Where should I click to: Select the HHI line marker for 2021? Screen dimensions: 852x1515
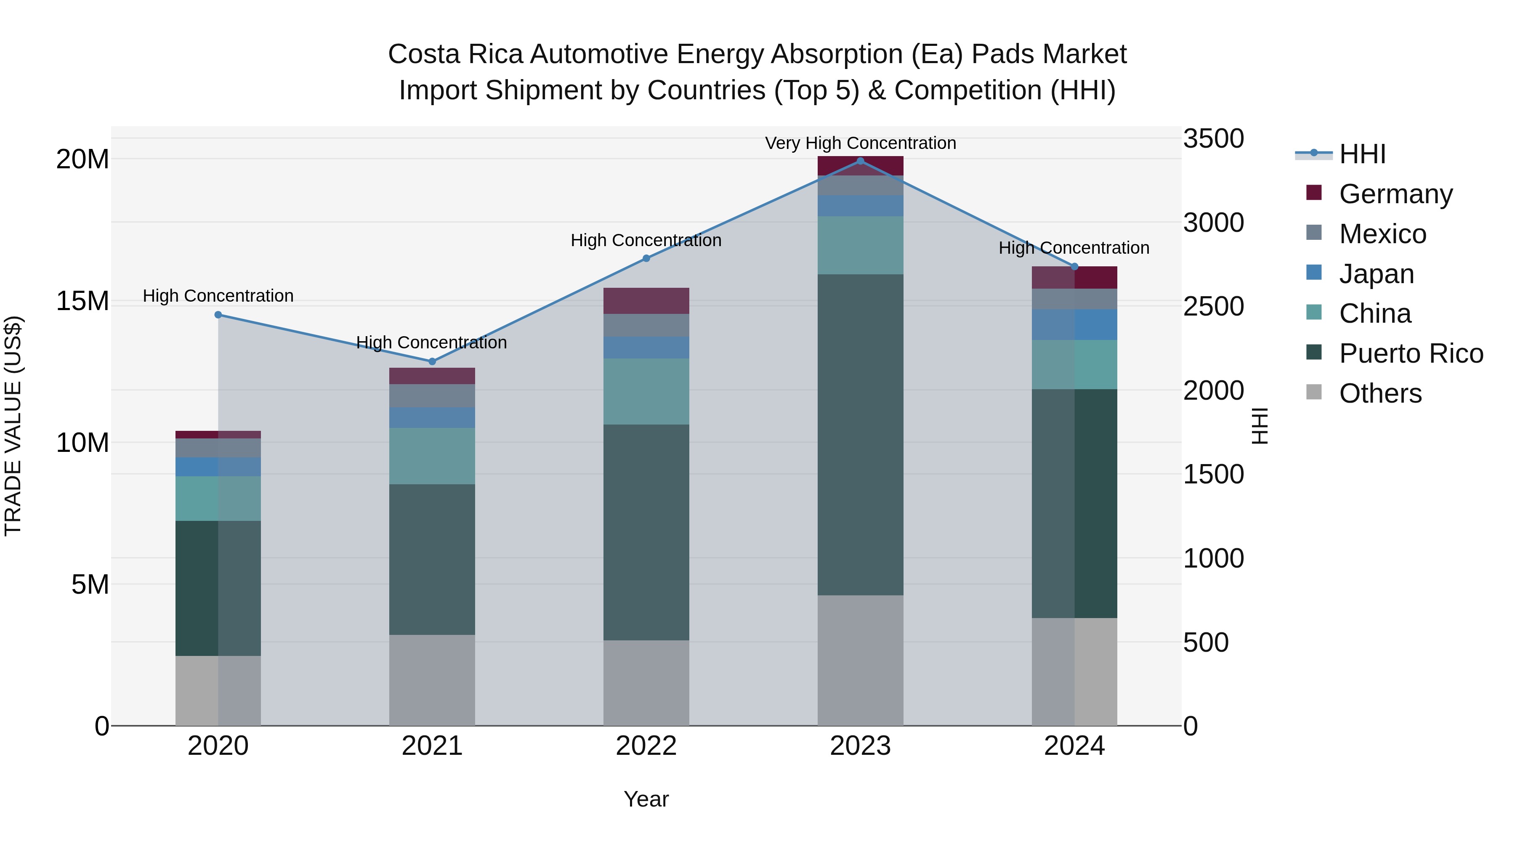(x=432, y=361)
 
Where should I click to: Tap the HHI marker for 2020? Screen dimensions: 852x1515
(x=218, y=315)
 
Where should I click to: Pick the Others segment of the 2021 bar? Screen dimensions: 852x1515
(x=432, y=680)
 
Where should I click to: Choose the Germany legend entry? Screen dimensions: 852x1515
(x=1395, y=194)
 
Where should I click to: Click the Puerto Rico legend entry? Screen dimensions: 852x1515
(x=1410, y=353)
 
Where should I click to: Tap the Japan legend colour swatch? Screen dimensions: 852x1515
(x=1313, y=273)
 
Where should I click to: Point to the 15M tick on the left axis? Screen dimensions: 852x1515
(x=82, y=301)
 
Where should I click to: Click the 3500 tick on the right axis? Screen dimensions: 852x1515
(x=1213, y=139)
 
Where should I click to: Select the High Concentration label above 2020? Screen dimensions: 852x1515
(x=218, y=296)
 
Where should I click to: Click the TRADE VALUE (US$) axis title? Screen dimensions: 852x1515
(x=13, y=426)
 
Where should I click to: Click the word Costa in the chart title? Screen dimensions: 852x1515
(x=425, y=54)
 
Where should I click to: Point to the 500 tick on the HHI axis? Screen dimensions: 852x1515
(x=1206, y=642)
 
